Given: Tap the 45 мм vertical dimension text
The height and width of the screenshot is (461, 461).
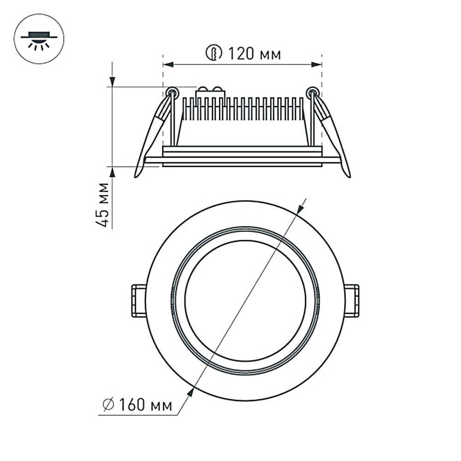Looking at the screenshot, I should tap(105, 205).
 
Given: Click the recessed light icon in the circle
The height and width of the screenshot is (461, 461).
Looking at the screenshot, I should tap(39, 39).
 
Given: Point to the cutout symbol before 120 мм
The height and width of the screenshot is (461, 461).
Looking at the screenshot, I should tap(213, 53).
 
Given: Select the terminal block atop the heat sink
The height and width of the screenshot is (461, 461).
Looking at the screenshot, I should tap(211, 92).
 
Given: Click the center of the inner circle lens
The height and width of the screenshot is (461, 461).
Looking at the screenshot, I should tap(245, 300).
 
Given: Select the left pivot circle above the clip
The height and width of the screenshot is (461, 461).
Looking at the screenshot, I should tap(172, 93).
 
